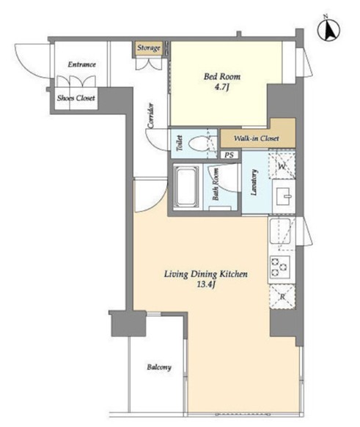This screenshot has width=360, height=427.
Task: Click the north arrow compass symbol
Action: point(329,30)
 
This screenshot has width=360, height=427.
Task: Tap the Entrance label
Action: point(82,64)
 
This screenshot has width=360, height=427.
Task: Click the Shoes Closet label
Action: point(76,98)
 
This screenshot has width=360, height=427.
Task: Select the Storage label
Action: point(149,48)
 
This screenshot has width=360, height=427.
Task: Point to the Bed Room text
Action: point(222,76)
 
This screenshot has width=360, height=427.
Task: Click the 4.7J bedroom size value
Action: point(221,88)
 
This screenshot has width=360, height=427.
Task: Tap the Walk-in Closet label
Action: point(256,138)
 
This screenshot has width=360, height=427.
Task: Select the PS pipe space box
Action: point(229,155)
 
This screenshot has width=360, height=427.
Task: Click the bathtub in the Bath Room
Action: point(186,187)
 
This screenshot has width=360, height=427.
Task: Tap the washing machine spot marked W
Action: point(282,166)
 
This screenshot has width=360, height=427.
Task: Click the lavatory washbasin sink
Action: point(284,196)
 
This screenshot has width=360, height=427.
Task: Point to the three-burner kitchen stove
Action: point(279,267)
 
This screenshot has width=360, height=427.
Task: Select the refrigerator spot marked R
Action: point(282,297)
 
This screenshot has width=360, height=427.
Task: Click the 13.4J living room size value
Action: point(206,285)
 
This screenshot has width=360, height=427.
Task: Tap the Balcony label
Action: point(159,368)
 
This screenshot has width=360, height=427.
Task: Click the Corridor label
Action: point(151,116)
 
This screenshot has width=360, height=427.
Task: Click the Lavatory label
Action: point(254,182)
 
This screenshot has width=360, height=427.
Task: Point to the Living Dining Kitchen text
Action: point(206,274)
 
